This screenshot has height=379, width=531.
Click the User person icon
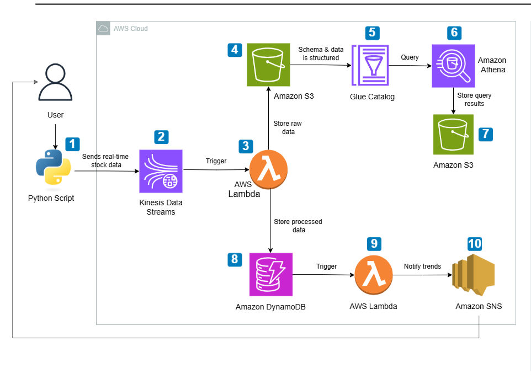[55, 83]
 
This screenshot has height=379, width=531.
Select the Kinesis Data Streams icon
[161, 170]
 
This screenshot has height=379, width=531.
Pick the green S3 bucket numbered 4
[269, 65]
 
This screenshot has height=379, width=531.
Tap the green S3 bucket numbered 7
[453, 134]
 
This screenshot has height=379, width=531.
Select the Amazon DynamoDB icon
[270, 274]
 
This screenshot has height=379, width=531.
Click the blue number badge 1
[72, 144]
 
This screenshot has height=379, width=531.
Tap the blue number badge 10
[474, 244]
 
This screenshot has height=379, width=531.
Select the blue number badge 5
[373, 32]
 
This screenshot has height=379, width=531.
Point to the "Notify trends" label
[422, 266]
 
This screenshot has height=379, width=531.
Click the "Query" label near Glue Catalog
[410, 57]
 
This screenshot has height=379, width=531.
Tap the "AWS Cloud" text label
[130, 29]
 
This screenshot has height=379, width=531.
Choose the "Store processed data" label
[298, 226]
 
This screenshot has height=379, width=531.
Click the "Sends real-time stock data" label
[106, 161]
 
